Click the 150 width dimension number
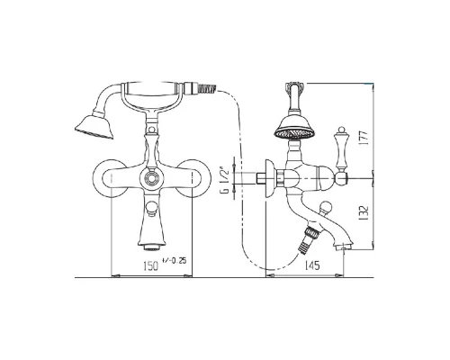click(x=151, y=266)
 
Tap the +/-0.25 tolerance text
click(x=174, y=260)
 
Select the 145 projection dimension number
click(x=312, y=265)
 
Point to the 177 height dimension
click(x=363, y=138)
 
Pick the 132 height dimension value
click(x=363, y=213)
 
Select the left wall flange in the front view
click(x=110, y=179)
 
